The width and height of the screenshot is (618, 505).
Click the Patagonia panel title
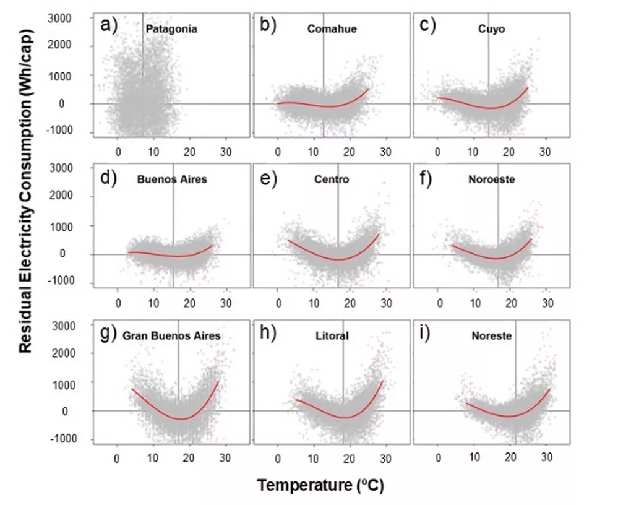(171, 28)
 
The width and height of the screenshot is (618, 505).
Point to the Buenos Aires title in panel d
(172, 179)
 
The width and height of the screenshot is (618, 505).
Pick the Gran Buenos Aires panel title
(171, 336)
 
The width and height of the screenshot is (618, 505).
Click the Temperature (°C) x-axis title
(321, 486)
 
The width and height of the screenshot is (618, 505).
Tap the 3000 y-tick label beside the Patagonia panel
(60, 19)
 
